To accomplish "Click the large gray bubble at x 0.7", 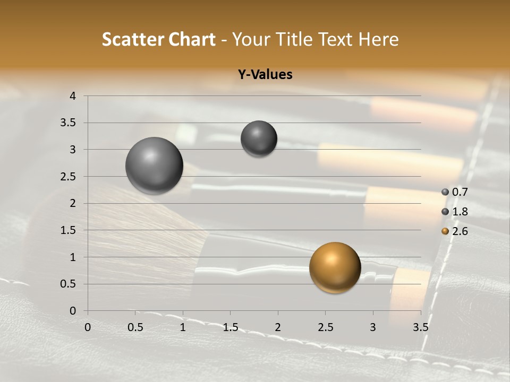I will pos(154,166).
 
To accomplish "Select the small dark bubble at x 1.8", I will pos(259,138).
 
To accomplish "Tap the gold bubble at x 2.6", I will pos(335,267).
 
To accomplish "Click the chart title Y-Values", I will pos(265,75).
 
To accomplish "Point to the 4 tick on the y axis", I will pos(73,96).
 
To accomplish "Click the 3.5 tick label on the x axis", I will pos(420,327).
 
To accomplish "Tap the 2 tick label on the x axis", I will pos(277,327).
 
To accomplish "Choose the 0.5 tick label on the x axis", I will pos(135,327).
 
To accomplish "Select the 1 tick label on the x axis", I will pos(183,327).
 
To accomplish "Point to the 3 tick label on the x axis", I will pos(372,327).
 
